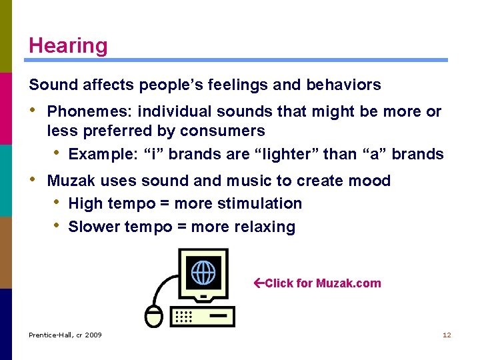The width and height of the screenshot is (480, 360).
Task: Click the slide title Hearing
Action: click(68, 45)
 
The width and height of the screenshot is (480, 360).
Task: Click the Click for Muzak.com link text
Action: click(323, 283)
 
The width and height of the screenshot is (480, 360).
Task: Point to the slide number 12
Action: click(447, 335)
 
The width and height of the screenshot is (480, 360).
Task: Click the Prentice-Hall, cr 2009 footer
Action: click(65, 335)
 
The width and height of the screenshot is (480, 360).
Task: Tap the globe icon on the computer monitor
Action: click(203, 273)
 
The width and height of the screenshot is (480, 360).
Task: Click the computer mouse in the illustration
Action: click(154, 317)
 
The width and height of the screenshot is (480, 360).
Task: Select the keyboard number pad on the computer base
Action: click(184, 316)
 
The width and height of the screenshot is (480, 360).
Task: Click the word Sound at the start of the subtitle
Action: click(49, 85)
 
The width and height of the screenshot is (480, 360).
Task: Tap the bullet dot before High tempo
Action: click(58, 203)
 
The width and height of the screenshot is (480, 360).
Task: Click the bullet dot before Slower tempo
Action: click(58, 226)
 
